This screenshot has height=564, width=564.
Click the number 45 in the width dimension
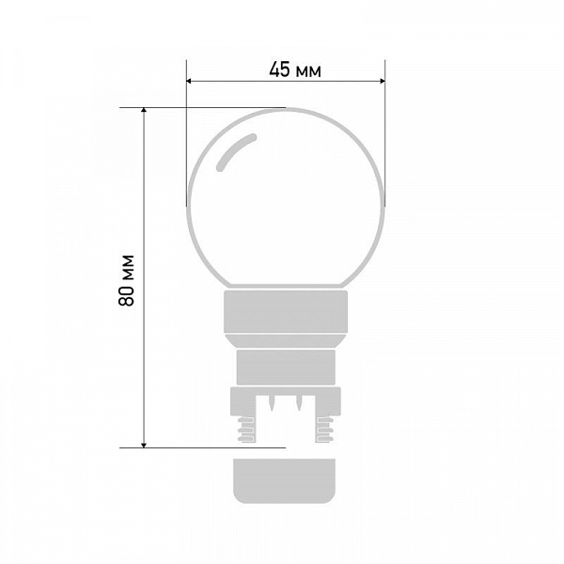279,70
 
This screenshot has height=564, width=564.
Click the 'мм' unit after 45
308,72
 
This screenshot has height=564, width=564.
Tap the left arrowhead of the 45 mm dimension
189,81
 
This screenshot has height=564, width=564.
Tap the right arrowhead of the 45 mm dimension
383,81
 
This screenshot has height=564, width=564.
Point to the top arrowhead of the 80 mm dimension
144,110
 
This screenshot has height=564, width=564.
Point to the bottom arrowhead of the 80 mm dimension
144,446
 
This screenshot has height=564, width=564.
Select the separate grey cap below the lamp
284,480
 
